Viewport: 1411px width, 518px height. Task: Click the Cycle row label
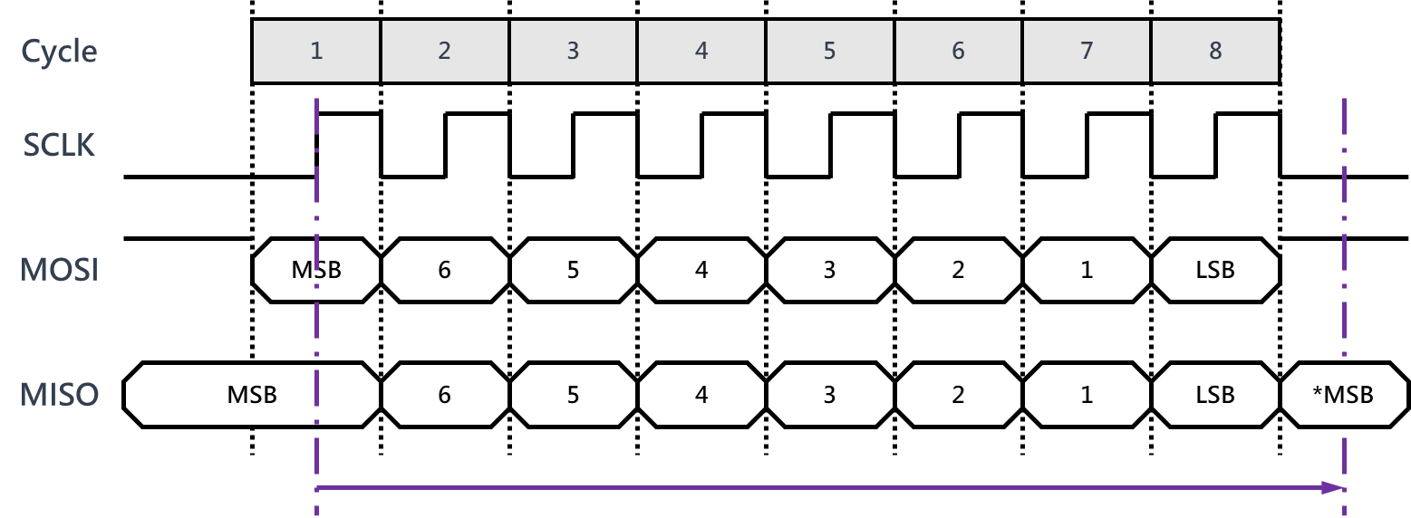[59, 52]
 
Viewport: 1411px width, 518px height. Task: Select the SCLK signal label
[59, 145]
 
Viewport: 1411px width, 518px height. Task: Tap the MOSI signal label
[60, 270]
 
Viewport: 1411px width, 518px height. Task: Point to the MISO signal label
[60, 395]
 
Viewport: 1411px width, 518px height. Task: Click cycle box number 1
[316, 52]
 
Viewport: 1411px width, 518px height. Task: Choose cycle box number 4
[701, 52]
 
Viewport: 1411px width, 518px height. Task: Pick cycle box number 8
[1215, 52]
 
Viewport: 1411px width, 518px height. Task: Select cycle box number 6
[958, 52]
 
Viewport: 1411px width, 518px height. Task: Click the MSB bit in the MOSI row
[316, 270]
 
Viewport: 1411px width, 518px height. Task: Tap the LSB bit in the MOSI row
[1215, 270]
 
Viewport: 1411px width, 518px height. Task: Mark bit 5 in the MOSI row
[573, 270]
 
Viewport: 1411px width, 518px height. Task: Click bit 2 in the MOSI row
[958, 270]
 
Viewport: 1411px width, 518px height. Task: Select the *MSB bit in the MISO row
[1343, 395]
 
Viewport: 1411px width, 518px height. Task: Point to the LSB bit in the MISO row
[1215, 395]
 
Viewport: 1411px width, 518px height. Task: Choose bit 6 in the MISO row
[444, 395]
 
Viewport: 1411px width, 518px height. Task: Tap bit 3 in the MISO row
[829, 395]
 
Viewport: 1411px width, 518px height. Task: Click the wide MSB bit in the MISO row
[252, 395]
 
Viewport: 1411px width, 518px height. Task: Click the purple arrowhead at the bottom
[1333, 488]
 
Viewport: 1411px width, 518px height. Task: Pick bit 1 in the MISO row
[1087, 395]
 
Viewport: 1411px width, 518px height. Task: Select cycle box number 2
[444, 52]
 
